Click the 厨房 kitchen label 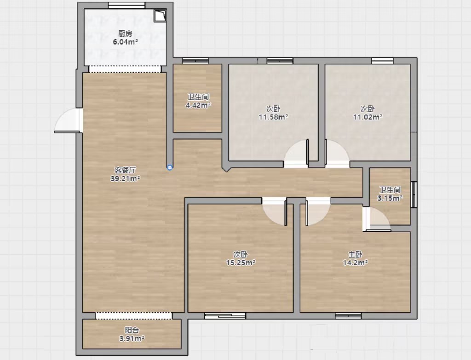[x=125, y=33]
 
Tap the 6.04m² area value [x=125, y=42]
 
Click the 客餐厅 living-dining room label [x=125, y=170]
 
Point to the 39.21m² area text [x=125, y=179]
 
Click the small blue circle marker [x=170, y=167]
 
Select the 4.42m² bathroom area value [x=198, y=105]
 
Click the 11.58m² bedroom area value [x=273, y=117]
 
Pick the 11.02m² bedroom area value [x=368, y=117]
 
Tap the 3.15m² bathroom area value [x=390, y=198]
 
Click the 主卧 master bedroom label [x=355, y=255]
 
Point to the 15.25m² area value [x=241, y=263]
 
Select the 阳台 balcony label [x=132, y=330]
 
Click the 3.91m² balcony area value [x=132, y=339]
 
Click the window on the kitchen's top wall [x=126, y=6]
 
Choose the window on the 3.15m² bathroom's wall [x=414, y=194]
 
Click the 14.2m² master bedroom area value [x=356, y=263]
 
